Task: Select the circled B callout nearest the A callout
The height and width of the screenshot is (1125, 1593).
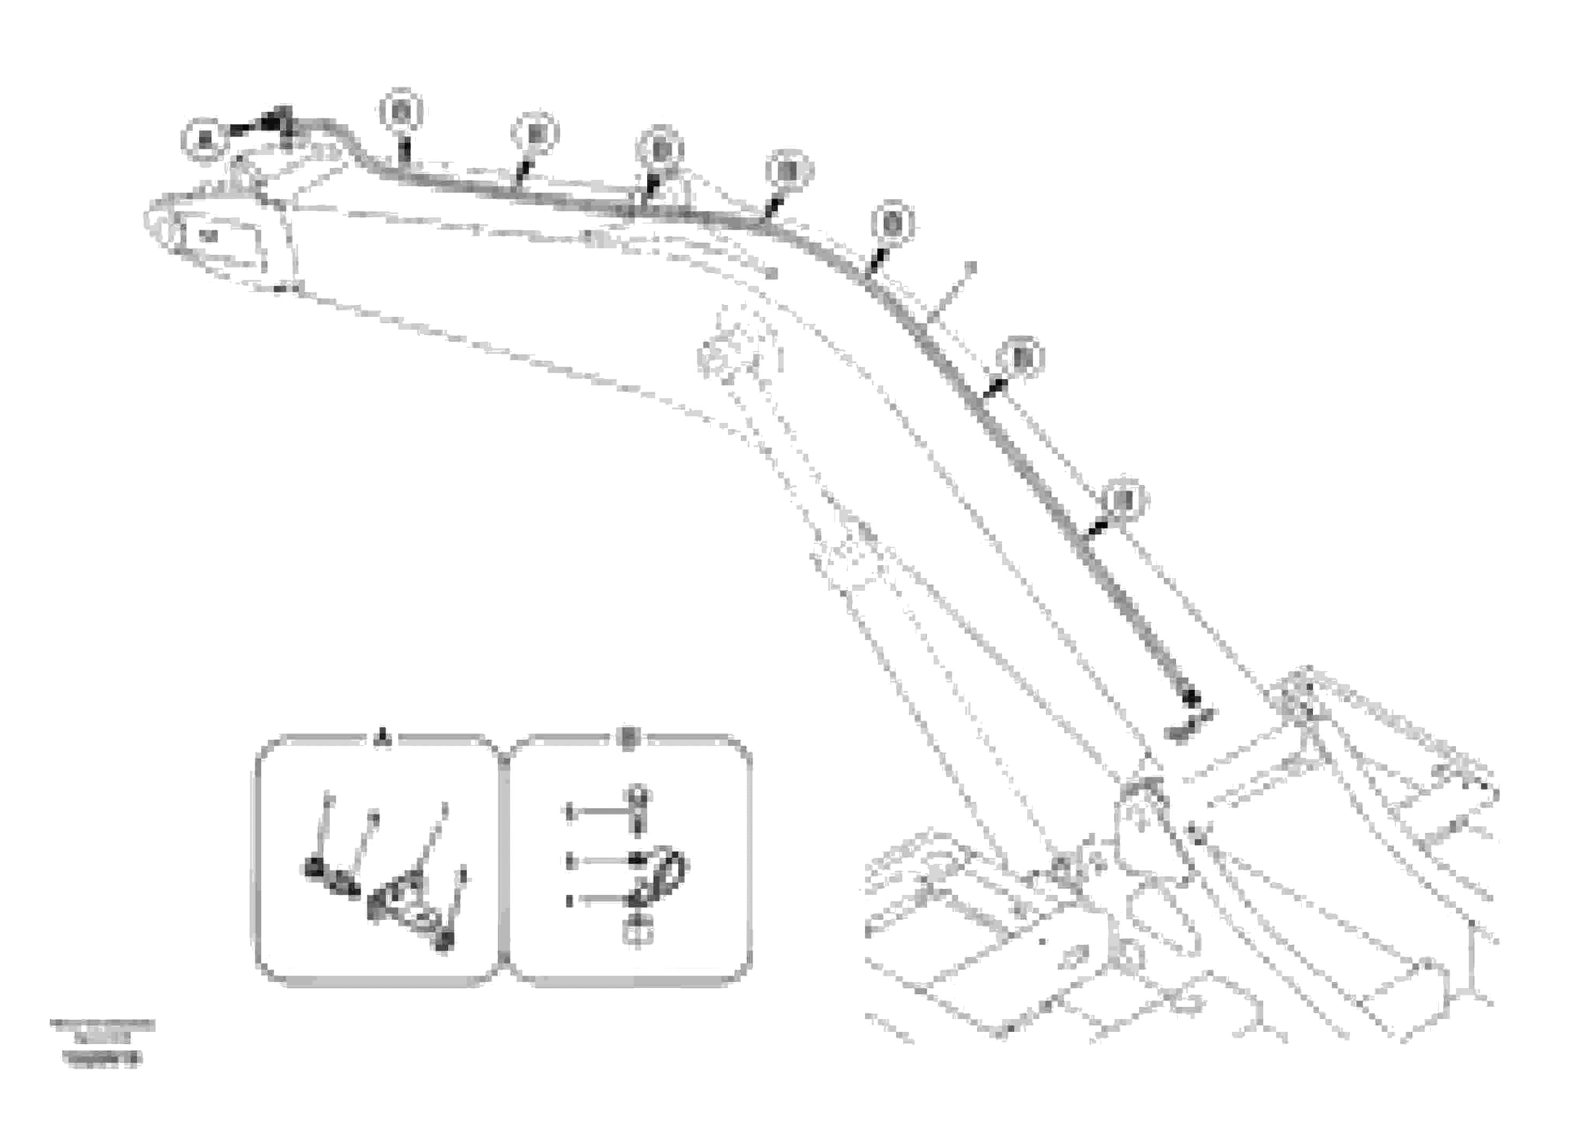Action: pos(401,111)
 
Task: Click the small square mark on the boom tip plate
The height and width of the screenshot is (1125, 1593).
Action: pos(209,235)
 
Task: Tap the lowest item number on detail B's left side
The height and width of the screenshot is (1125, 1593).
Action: pos(570,901)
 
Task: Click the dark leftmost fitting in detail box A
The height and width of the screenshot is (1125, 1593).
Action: pos(314,867)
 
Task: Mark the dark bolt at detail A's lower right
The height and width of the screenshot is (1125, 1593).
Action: pos(445,941)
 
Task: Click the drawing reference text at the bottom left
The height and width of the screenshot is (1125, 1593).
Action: pos(102,1040)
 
